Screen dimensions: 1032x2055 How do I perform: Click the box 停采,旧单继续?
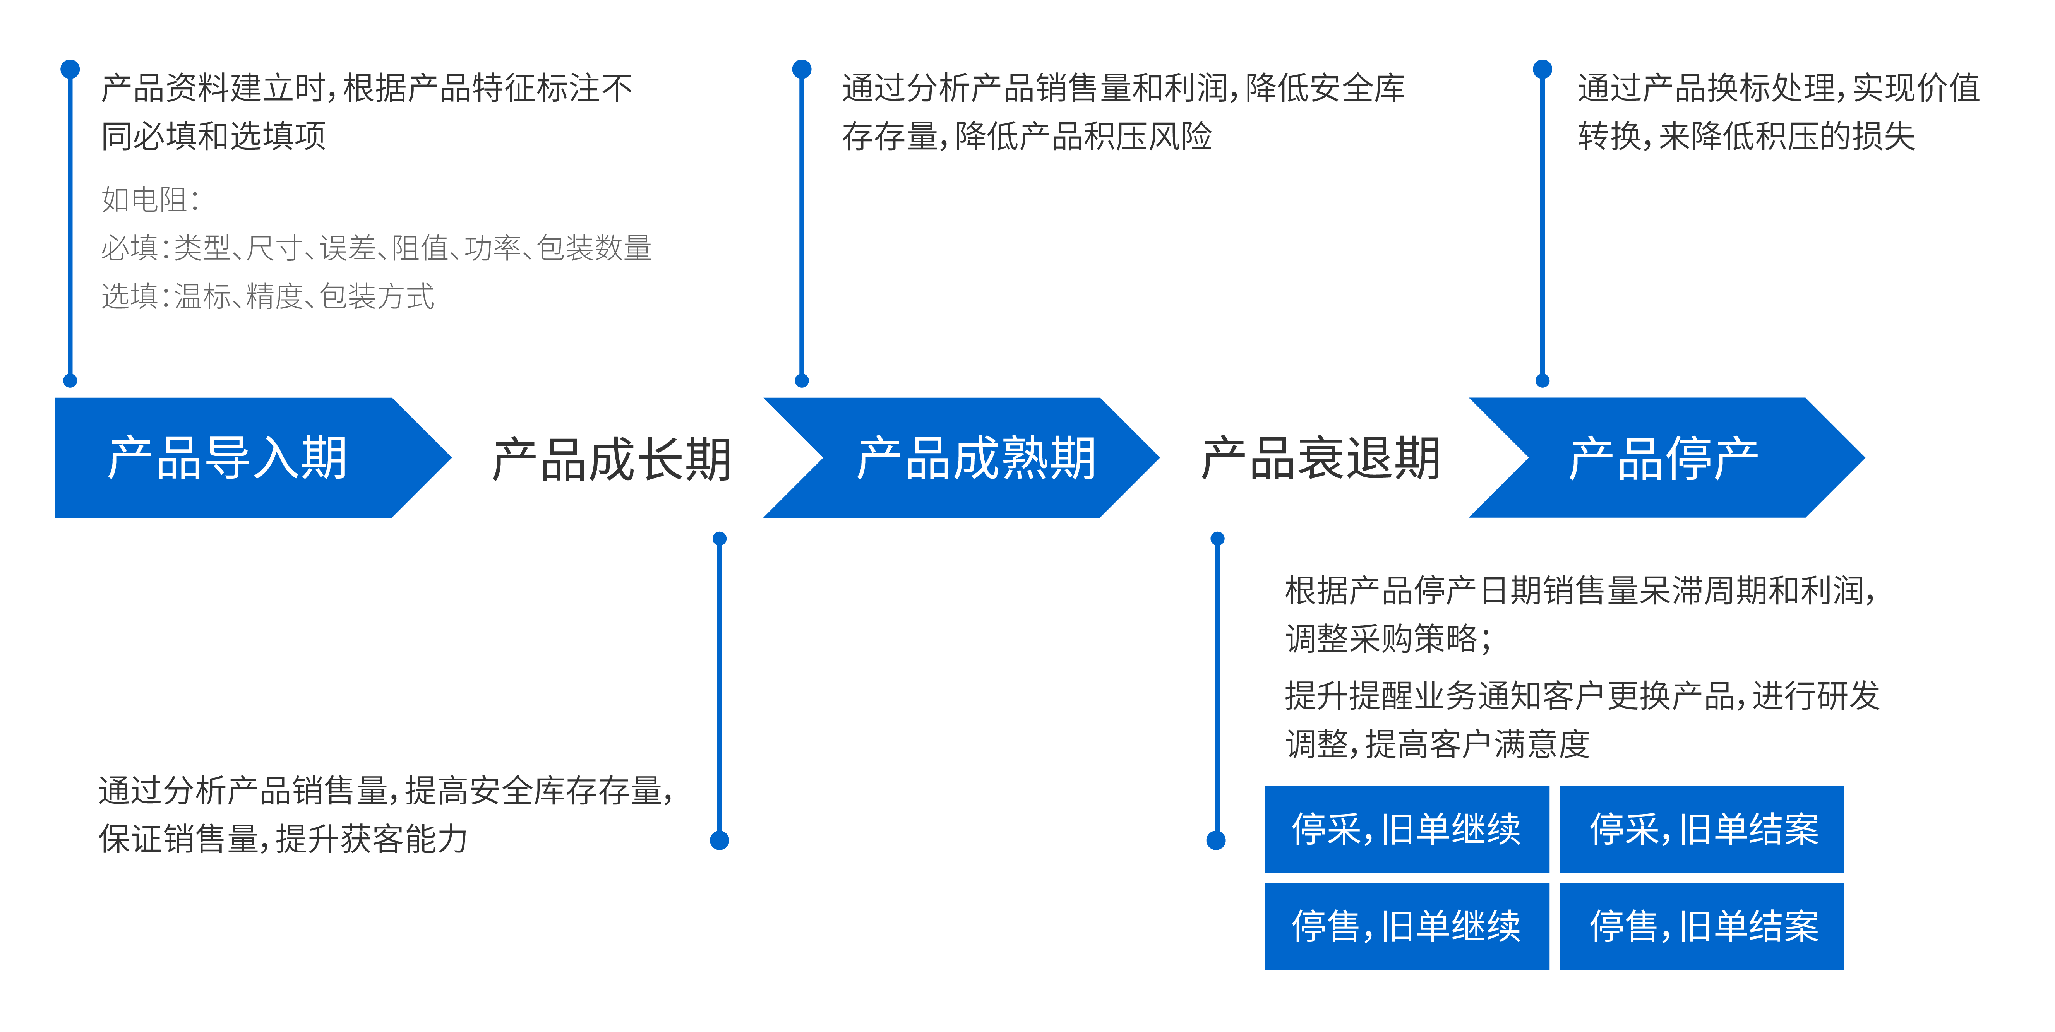[x=1406, y=828]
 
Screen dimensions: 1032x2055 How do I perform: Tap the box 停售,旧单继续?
[x=1406, y=926]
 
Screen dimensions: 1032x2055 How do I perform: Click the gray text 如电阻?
[x=150, y=199]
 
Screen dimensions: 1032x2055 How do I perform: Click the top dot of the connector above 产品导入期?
[x=70, y=68]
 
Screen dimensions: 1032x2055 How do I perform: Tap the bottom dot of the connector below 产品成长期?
[x=720, y=840]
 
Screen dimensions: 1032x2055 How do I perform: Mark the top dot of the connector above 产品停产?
[x=1543, y=68]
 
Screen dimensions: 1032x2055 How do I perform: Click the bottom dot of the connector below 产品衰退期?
[x=1217, y=840]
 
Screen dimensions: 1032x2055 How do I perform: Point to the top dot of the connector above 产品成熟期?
[x=802, y=68]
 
